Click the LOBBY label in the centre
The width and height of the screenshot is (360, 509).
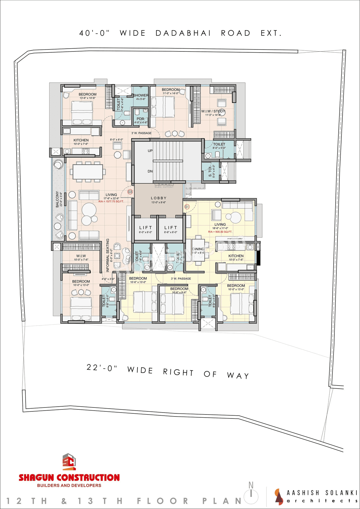coord(159,198)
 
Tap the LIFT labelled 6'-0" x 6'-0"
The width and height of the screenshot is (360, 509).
coord(145,228)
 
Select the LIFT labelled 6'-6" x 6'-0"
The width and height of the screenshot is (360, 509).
coord(171,228)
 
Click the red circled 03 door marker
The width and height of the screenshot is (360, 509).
coord(130,192)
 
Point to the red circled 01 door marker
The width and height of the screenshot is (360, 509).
coord(187,207)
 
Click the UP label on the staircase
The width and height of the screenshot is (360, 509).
coord(150,151)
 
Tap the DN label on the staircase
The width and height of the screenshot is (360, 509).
coord(150,171)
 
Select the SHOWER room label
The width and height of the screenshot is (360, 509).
coord(141,95)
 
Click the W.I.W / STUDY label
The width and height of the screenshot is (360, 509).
coord(213,111)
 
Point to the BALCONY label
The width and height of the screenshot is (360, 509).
coord(57,199)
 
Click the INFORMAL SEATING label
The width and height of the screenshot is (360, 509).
coord(108,255)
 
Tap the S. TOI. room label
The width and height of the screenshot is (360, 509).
coord(210,171)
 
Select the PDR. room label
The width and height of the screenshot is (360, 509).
coord(141,119)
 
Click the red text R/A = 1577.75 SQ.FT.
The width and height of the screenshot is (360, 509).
coord(111,201)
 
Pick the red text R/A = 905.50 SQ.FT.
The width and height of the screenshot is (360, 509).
coord(220,232)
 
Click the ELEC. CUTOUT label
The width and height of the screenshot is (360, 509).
coord(164,187)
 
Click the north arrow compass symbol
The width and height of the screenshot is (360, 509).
coord(251,494)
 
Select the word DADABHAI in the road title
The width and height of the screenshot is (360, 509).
coord(183,33)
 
